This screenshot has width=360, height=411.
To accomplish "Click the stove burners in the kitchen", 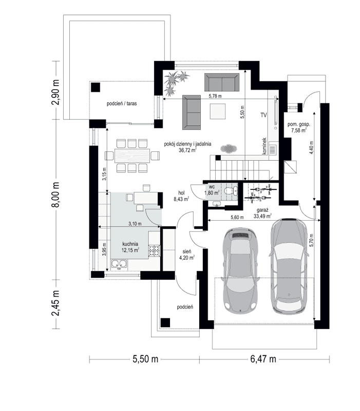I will (153, 251).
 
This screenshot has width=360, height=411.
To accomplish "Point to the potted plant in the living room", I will (176, 81).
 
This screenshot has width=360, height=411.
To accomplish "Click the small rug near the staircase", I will (229, 148).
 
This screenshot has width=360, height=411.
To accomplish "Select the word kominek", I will (264, 146).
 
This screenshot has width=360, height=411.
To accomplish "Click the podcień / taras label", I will (122, 103).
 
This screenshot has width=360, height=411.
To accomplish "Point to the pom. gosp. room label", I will (298, 124).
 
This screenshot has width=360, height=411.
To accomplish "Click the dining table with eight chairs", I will (131, 155).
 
